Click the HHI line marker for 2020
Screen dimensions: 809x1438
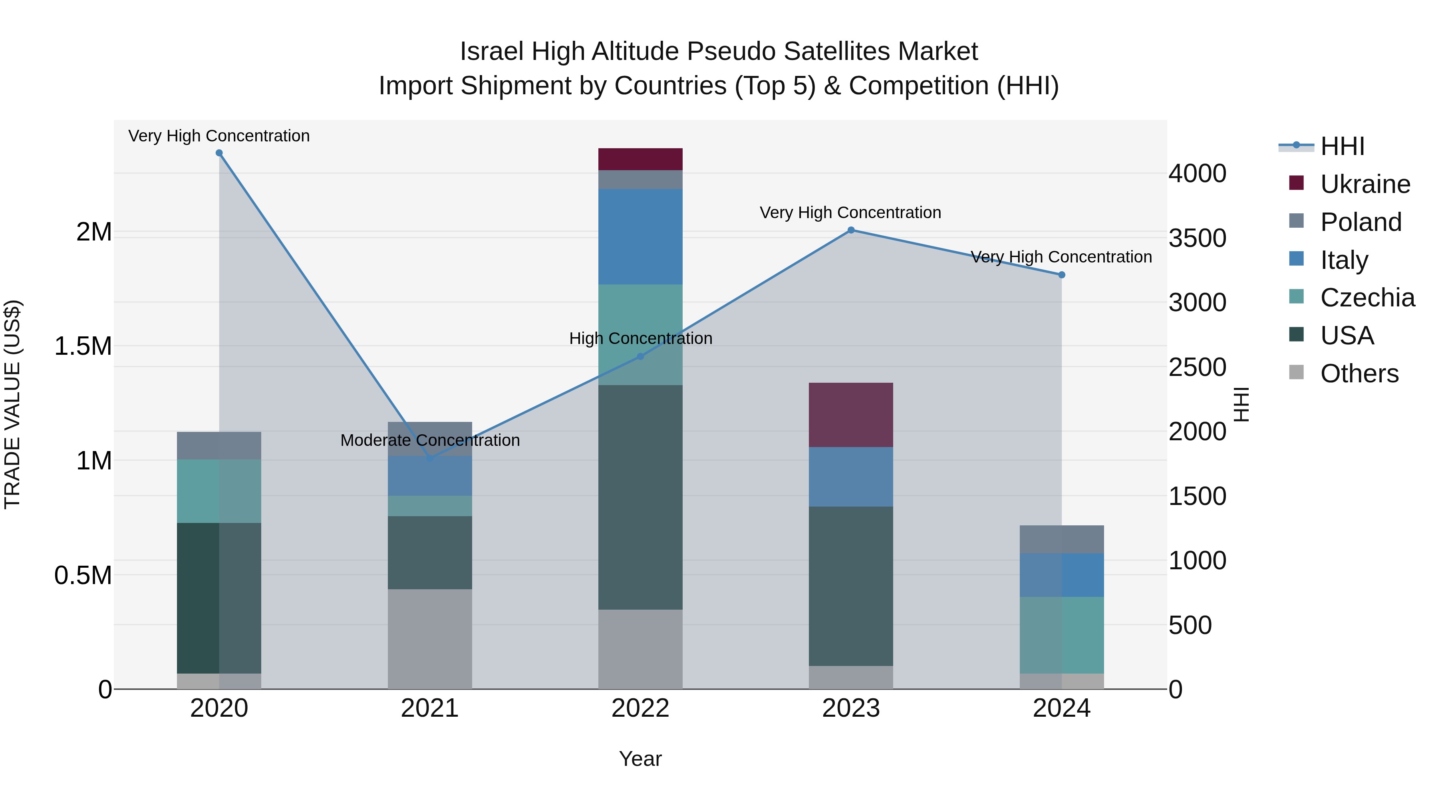[x=219, y=153]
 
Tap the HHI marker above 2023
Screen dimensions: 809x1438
[x=851, y=230]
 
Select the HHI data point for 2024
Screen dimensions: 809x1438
[x=1061, y=275]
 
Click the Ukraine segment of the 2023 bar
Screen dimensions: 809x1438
[x=851, y=415]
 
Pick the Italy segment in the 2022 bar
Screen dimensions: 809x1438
[x=640, y=237]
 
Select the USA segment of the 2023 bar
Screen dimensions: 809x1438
[x=851, y=586]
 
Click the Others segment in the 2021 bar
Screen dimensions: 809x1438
[x=430, y=639]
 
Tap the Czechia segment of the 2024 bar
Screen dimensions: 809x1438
[x=1061, y=635]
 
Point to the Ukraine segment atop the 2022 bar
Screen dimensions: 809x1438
[x=640, y=159]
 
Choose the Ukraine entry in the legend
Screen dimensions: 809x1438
[x=1365, y=184]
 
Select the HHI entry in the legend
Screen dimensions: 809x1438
[x=1342, y=146]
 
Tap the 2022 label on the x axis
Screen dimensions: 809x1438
[x=640, y=708]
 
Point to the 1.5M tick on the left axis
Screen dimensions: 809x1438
[x=83, y=346]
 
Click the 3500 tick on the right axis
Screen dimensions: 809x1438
[x=1198, y=238]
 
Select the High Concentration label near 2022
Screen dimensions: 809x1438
[x=640, y=338]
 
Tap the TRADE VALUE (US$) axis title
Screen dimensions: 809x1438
[x=12, y=404]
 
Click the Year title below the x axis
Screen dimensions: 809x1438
[x=640, y=759]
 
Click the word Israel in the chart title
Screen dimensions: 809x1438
[x=492, y=52]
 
